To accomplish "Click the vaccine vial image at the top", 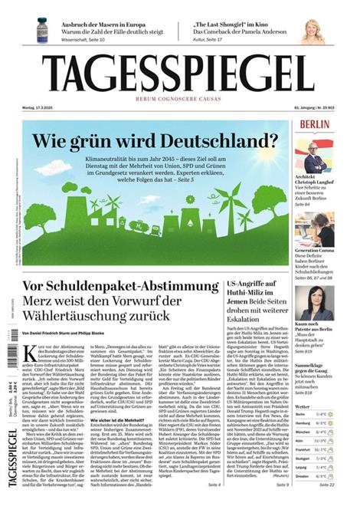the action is pos(41,30).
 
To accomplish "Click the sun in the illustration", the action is pos(191,199).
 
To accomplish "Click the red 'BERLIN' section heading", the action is pos(315,124).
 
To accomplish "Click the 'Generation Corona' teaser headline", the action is pos(314,251).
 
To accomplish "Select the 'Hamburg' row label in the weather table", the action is pos(304,422).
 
